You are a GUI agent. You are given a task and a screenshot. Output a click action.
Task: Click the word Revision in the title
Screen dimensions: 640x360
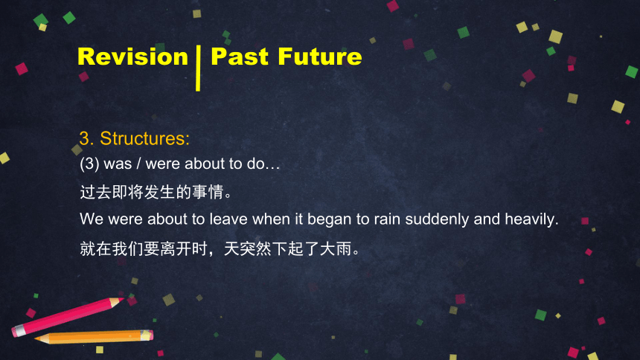pyautogui.click(x=132, y=57)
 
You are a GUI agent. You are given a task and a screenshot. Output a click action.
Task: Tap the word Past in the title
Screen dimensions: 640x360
pyautogui.click(x=240, y=57)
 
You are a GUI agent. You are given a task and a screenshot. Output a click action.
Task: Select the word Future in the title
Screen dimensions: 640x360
pyautogui.click(x=320, y=57)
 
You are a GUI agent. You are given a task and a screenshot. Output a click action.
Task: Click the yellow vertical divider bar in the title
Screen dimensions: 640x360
pyautogui.click(x=198, y=68)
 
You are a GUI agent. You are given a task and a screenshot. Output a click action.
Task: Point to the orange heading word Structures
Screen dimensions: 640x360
pyautogui.click(x=145, y=139)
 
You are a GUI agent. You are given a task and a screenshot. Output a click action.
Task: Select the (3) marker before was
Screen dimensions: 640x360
pyautogui.click(x=90, y=164)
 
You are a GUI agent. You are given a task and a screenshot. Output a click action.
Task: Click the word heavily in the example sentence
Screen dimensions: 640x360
pyautogui.click(x=531, y=220)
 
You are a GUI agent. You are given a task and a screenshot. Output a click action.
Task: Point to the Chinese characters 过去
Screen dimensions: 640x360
pyautogui.click(x=95, y=192)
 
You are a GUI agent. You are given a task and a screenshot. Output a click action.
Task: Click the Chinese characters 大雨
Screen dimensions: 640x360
pyautogui.click(x=336, y=248)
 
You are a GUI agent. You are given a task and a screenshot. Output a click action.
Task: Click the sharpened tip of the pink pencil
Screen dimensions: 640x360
pyautogui.click(x=123, y=300)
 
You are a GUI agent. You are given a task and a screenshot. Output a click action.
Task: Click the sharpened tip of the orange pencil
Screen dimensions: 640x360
pyautogui.click(x=36, y=338)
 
